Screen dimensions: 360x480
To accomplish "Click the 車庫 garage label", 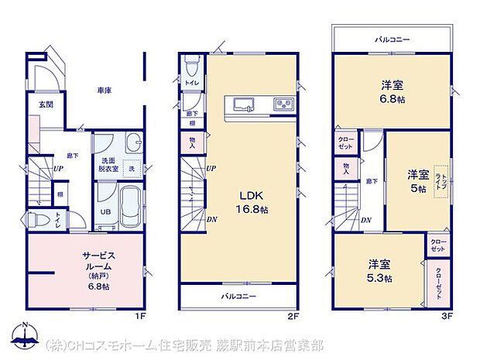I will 105,91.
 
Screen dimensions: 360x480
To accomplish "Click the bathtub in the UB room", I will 129,205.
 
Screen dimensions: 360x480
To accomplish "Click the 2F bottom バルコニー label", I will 238,297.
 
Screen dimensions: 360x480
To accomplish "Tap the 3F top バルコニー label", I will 393,38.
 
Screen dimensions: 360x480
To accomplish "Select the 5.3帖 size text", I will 379,279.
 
